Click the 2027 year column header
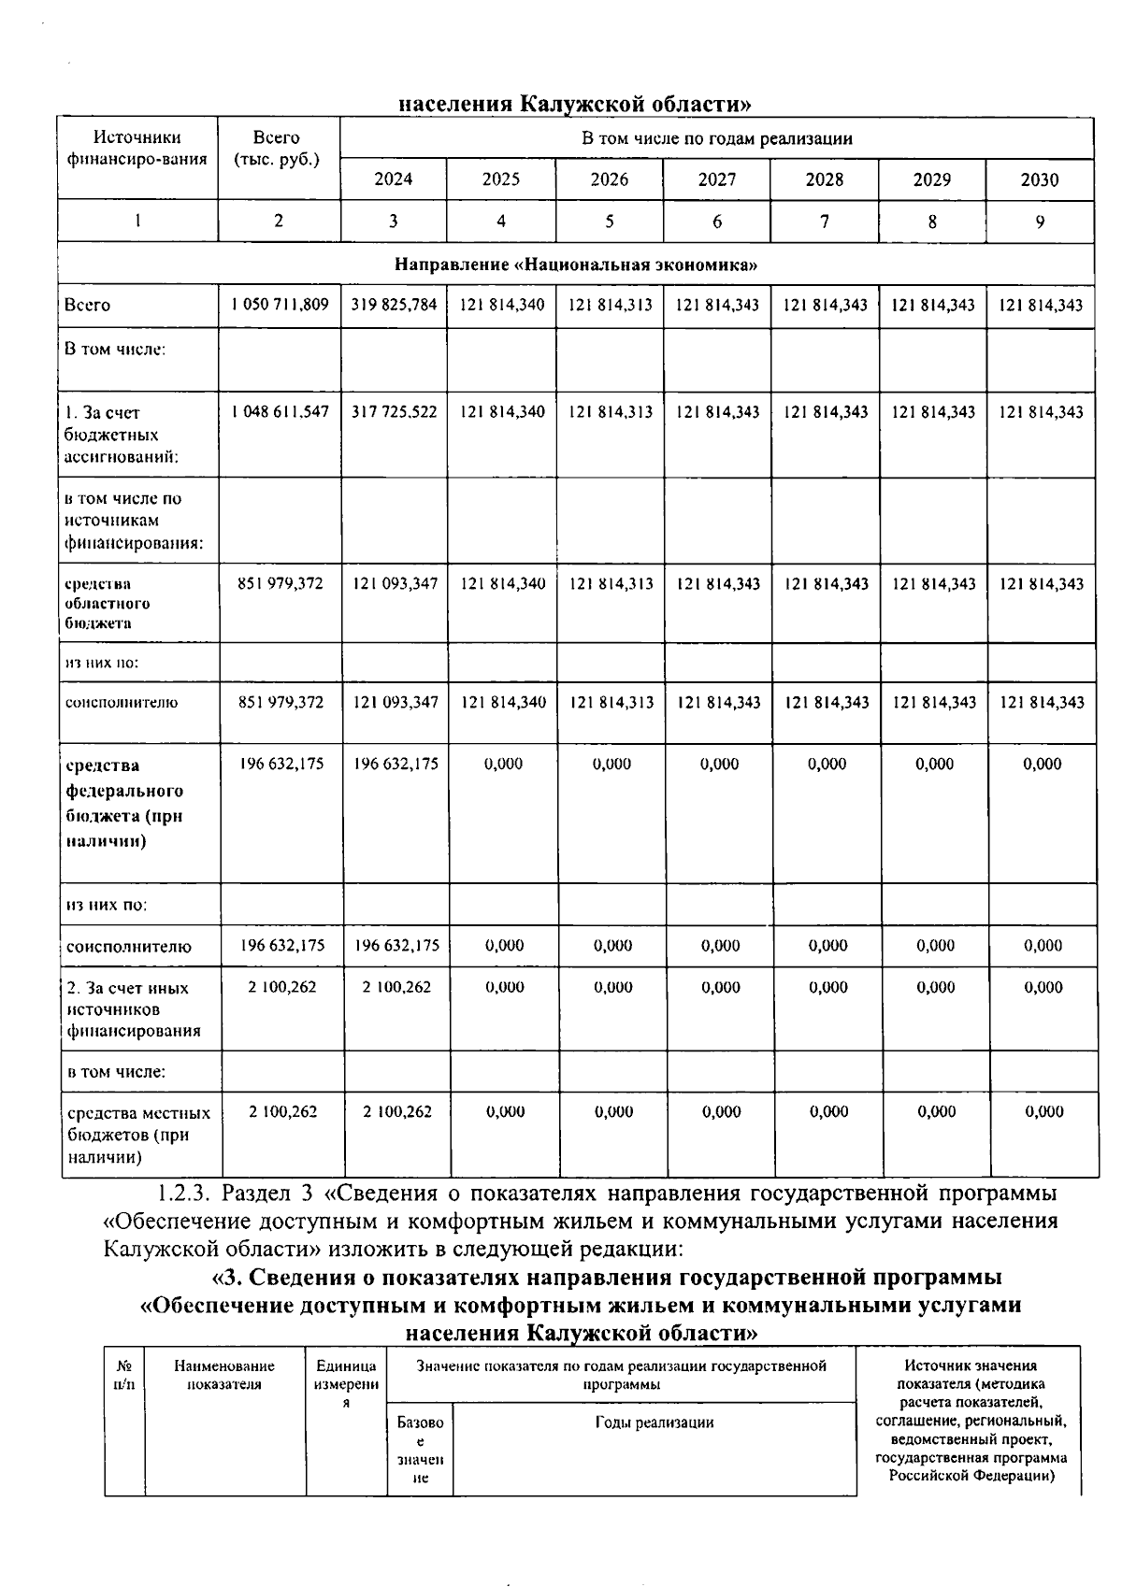[716, 179]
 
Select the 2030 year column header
[1040, 179]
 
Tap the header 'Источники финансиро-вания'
[137, 149]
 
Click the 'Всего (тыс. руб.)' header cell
[277, 149]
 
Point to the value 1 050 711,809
[279, 305]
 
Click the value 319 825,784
[394, 305]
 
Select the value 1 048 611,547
[279, 411]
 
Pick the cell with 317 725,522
[394, 411]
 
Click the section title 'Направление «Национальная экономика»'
[575, 264]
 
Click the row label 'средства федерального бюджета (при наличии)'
[123, 803]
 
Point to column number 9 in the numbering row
[1040, 222]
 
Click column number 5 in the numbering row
[609, 222]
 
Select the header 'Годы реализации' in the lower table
[654, 1423]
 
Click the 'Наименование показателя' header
[224, 1375]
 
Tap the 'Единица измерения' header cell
[346, 1384]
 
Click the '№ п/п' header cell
[123, 1375]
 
